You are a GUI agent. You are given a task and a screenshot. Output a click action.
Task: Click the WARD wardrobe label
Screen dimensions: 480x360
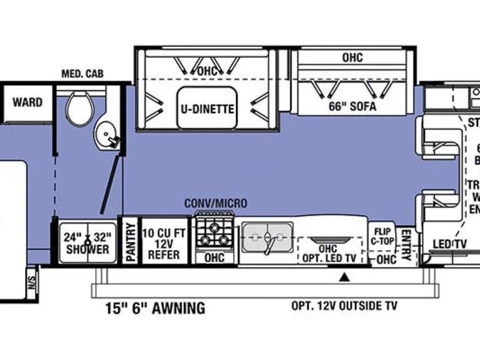coord(27,102)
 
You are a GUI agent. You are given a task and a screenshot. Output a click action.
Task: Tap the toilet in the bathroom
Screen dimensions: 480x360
coord(79,108)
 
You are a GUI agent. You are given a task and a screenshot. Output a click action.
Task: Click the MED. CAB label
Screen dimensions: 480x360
coord(82,74)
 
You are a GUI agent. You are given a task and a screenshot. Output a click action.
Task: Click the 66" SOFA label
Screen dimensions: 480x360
coord(352,106)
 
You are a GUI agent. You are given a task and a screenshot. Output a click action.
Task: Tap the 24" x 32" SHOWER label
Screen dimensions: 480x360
coord(87,242)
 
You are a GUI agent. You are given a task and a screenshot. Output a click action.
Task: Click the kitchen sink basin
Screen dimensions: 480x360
coord(267,237)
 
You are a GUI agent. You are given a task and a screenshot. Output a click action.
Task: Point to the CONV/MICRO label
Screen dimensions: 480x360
coord(215,204)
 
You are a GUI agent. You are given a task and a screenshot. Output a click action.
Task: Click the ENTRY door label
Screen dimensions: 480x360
coord(405,242)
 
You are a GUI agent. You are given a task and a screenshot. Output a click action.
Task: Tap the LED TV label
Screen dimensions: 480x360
coord(450,244)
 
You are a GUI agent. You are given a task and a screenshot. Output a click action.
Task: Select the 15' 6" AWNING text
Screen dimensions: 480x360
coord(154,307)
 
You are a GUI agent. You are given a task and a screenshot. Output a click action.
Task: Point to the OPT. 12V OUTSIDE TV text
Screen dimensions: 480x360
coord(344,306)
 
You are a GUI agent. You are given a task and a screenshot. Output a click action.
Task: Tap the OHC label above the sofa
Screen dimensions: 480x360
coord(352,58)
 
